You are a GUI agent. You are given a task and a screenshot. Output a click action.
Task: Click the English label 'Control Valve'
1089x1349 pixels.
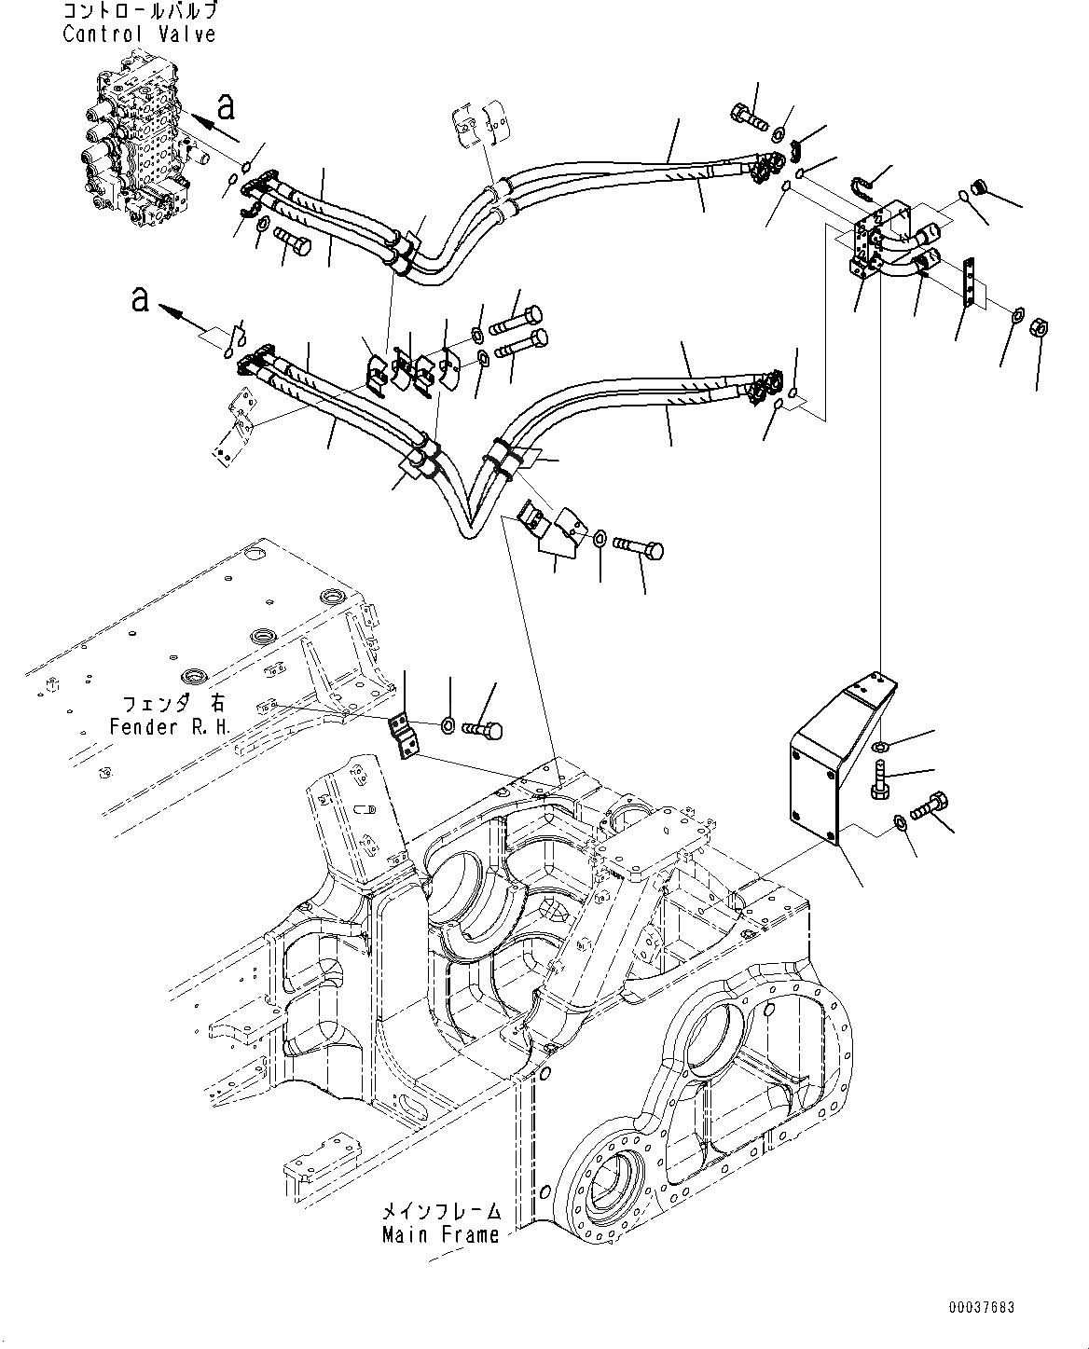click(x=139, y=34)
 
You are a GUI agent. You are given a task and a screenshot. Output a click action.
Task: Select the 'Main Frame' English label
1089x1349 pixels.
click(x=440, y=1234)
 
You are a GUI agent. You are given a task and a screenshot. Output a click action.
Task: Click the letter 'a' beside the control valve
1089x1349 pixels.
click(x=226, y=107)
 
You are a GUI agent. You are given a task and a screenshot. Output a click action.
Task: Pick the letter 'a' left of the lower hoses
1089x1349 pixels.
click(x=141, y=300)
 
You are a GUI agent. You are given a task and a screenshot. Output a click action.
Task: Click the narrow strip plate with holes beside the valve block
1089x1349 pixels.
click(x=970, y=283)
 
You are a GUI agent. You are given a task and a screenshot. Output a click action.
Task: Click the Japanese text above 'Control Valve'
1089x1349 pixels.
click(x=139, y=12)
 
